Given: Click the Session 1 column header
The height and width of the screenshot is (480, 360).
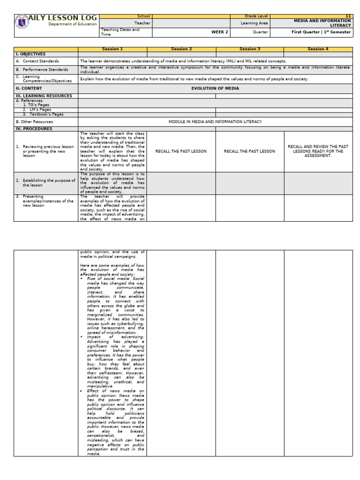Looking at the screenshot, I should (112, 49).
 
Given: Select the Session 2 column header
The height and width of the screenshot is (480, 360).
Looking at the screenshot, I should (181, 49).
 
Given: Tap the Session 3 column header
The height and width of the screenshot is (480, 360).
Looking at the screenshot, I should (250, 49).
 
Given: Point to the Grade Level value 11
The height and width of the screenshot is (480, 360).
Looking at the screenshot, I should (348, 16).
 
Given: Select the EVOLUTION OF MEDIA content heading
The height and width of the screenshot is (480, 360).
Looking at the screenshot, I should (215, 88).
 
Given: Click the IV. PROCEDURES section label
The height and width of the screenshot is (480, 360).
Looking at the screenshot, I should (34, 128).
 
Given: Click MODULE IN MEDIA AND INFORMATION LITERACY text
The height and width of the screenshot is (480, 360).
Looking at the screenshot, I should (215, 121).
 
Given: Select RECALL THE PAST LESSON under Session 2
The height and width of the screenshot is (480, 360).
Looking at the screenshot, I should (181, 151).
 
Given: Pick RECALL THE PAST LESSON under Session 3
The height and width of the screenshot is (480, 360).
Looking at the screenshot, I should (250, 151).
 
